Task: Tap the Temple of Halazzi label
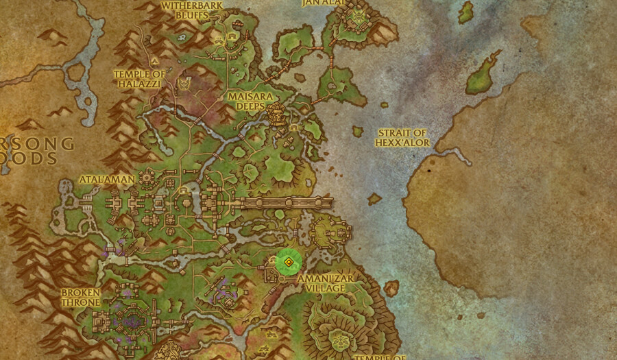[140, 78]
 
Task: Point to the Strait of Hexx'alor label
[402, 138]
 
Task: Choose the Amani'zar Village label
[322, 283]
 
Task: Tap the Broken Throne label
[81, 297]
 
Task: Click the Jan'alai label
[322, 3]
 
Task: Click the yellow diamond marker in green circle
[289, 261]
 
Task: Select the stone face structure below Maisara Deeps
[277, 116]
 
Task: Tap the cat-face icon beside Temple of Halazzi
[184, 84]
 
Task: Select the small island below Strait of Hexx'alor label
[374, 199]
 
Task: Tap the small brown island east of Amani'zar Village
[391, 288]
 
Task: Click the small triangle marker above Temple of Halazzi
[155, 61]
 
